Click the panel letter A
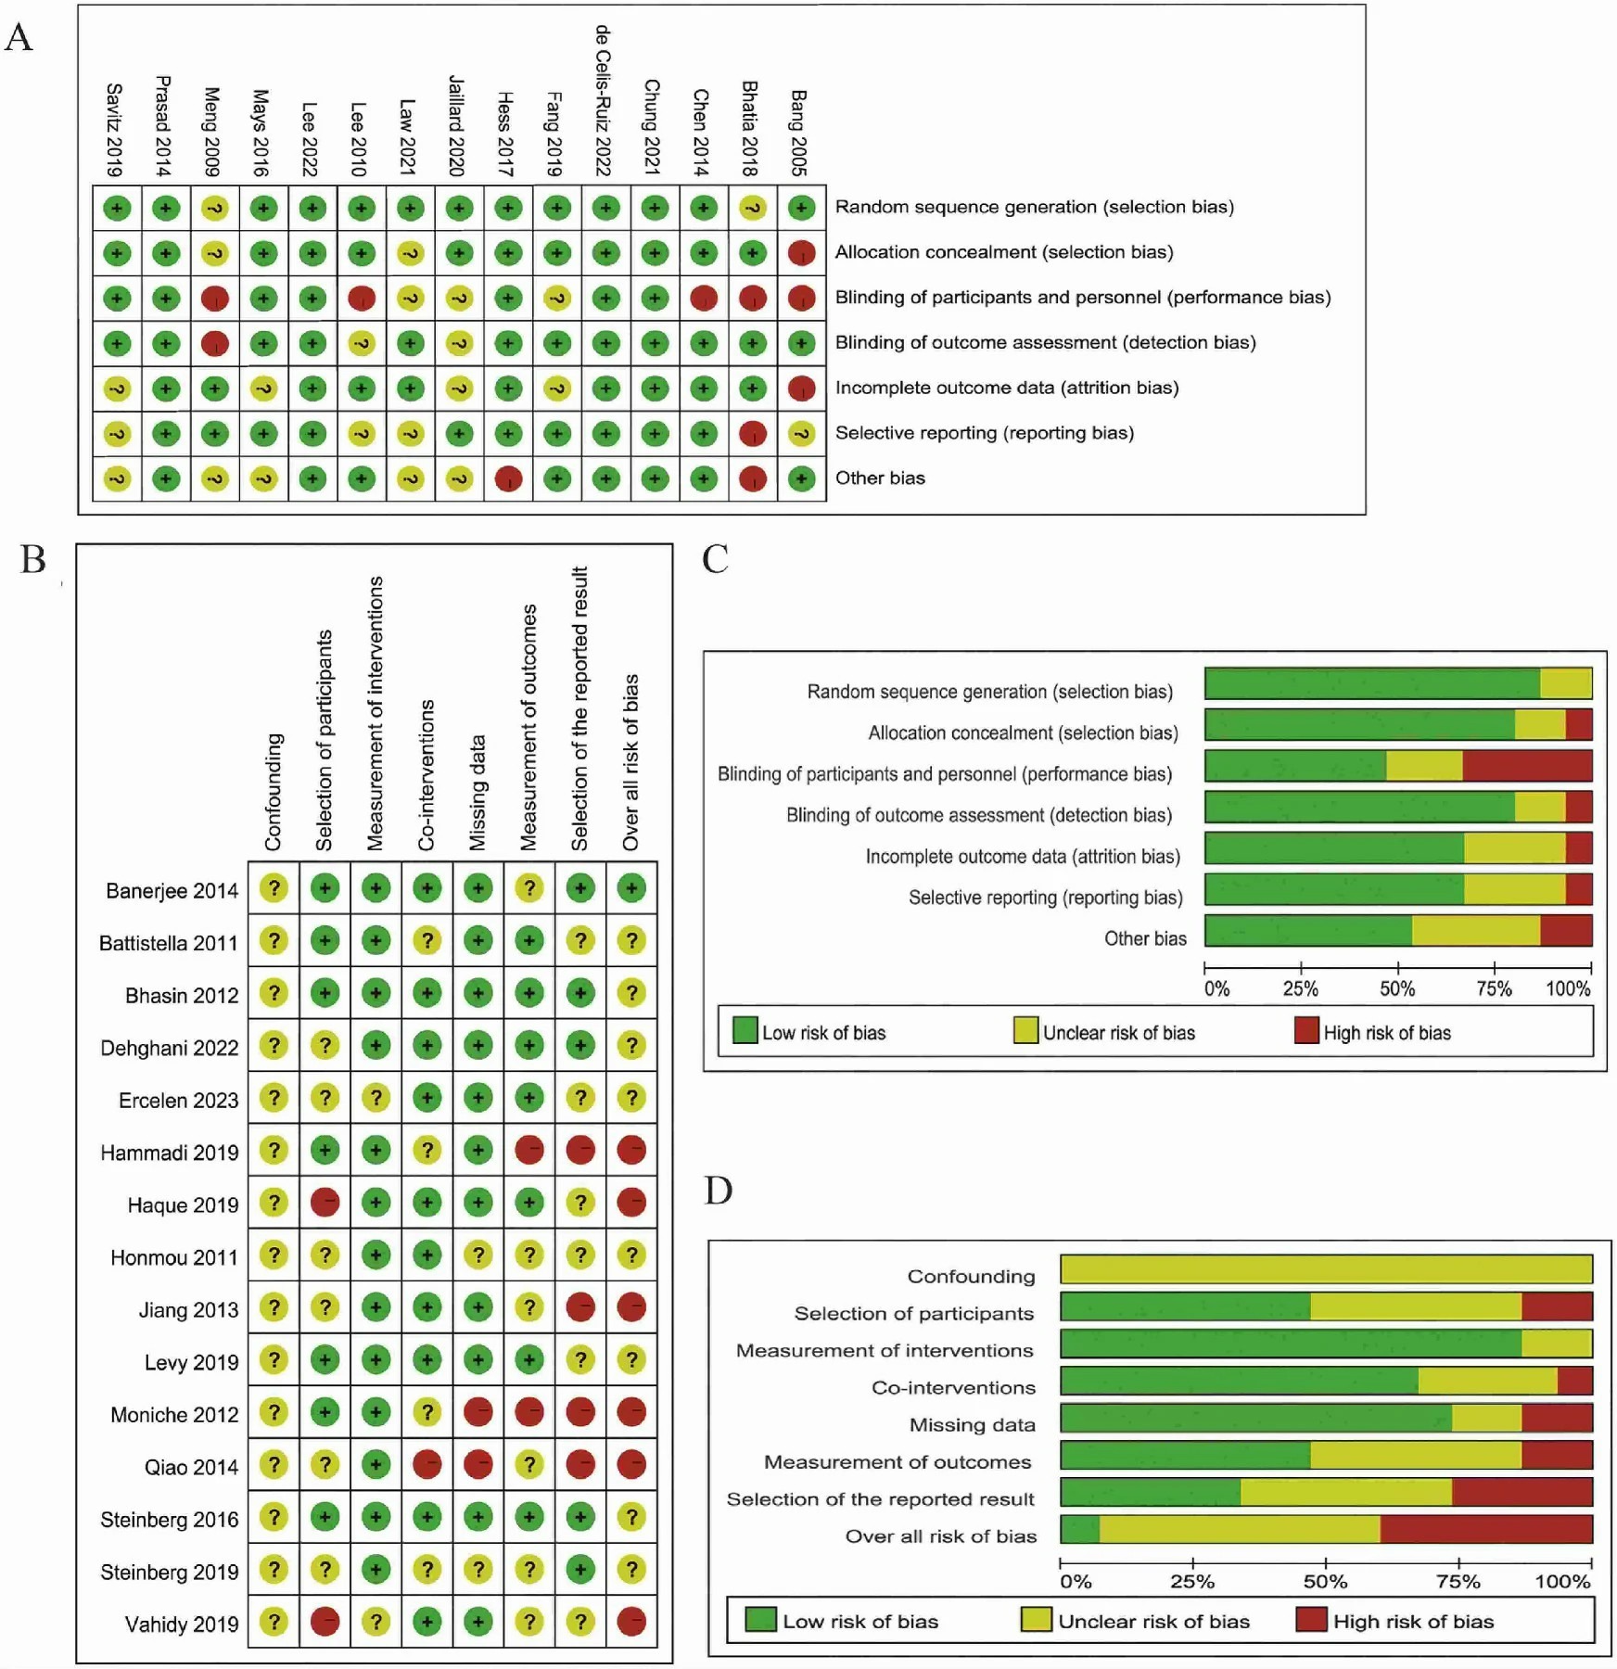point(19,37)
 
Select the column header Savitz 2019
point(114,130)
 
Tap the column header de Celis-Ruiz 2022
point(603,100)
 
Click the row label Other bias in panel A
point(879,478)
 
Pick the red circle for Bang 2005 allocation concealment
point(801,253)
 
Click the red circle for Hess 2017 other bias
point(508,479)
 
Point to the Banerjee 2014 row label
point(172,891)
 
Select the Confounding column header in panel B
point(273,792)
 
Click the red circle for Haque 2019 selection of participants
point(325,1204)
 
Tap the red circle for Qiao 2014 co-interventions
point(427,1465)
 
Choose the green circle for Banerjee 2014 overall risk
point(631,889)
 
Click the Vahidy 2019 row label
point(182,1624)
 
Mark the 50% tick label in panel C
point(1397,989)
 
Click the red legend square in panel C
point(1306,1030)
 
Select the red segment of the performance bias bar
point(1527,766)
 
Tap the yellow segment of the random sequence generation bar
point(1566,683)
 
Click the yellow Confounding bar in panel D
point(1326,1268)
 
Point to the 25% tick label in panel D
point(1192,1582)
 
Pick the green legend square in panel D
point(760,1620)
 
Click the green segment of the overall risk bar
point(1079,1529)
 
